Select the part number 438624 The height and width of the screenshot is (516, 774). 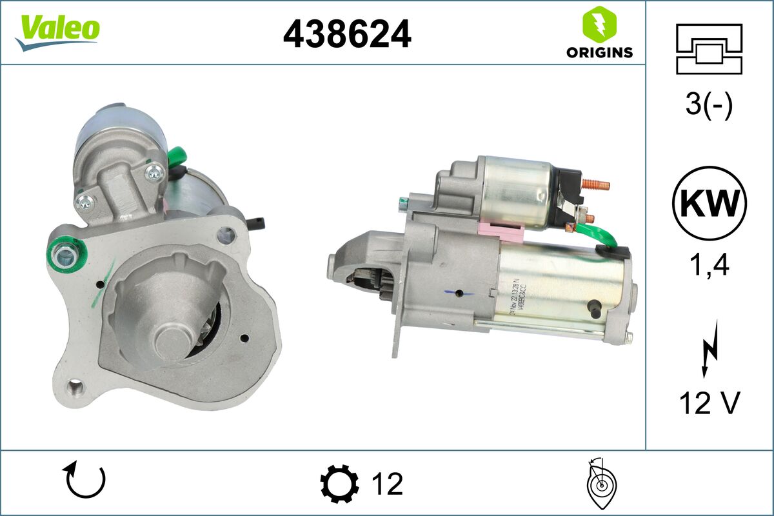pos(347,34)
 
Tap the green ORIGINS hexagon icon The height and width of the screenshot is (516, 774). pos(599,25)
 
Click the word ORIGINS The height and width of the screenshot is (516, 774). pos(599,53)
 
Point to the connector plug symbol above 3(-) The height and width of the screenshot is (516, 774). pos(709,48)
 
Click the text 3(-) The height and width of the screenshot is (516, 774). pos(709,104)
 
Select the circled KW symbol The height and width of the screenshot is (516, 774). pos(709,203)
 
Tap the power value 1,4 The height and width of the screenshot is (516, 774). pos(709,264)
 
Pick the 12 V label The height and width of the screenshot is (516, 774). pos(709,403)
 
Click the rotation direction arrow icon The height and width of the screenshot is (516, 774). pos(84,481)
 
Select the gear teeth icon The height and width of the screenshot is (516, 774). pos(339,483)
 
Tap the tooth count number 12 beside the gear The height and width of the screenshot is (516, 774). pos(387,483)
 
